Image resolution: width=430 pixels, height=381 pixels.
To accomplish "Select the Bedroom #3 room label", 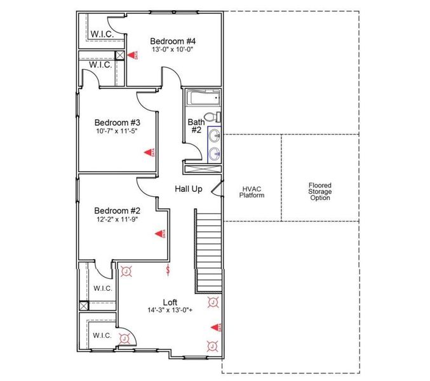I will [117, 122].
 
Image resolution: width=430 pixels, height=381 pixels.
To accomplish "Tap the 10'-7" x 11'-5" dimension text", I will [117, 131].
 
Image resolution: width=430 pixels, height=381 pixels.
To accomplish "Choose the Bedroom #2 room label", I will [117, 210].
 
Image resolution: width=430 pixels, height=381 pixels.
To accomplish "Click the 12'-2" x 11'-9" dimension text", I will [117, 219].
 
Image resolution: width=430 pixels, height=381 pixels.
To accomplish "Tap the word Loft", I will [170, 302].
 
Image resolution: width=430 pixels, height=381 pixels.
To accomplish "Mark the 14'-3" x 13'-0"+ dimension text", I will [170, 311].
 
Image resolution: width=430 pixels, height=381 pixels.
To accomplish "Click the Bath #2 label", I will [195, 126].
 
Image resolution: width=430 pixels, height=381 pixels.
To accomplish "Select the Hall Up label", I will [189, 189].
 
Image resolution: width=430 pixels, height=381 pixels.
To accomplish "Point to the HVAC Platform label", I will [252, 191].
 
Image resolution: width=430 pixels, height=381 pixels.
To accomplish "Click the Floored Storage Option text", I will [319, 191].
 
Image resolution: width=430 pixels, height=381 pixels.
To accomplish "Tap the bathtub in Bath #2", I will [203, 98].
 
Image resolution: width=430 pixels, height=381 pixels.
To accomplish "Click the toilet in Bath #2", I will [215, 117].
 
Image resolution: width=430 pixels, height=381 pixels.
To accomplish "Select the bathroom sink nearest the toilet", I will [215, 135].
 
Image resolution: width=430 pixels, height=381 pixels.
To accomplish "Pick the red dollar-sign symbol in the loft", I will [168, 271].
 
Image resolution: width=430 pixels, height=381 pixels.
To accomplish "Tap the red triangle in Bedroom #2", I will [159, 234].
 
